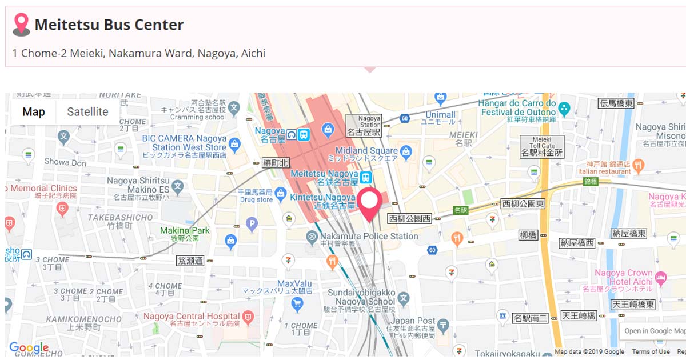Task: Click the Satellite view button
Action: (87, 112)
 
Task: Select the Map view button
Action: (34, 112)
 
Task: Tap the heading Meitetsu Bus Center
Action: (109, 25)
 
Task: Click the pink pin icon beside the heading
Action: (21, 24)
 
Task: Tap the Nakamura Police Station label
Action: (369, 236)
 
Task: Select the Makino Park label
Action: (185, 231)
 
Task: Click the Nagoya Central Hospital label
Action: (192, 316)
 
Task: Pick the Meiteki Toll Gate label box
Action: (541, 146)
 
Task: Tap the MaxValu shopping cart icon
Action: (297, 304)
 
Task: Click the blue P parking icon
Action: (252, 224)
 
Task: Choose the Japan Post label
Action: (413, 321)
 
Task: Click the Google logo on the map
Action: (29, 348)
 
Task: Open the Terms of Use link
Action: (651, 351)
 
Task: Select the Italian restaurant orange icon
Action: (639, 166)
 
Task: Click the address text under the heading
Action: (139, 53)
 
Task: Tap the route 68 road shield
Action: (405, 118)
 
